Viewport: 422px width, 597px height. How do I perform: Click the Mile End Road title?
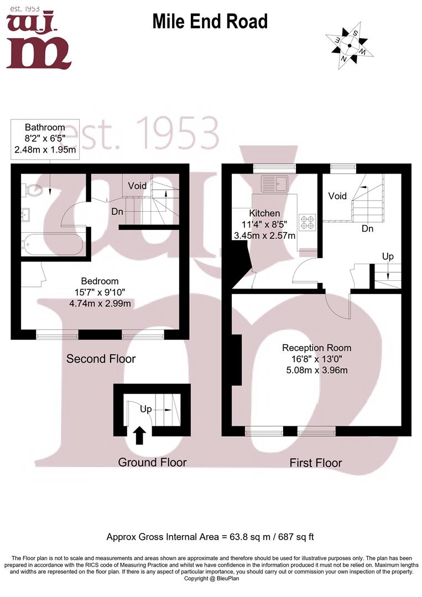[210, 22]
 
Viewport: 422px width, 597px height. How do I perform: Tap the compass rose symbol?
[349, 46]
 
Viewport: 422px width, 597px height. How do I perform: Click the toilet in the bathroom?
[33, 190]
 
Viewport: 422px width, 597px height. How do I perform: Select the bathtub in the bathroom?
[52, 244]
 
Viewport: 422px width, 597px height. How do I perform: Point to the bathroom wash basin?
[26, 214]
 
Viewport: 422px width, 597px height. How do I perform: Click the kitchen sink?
[274, 184]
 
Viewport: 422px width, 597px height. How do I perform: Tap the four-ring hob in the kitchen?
[308, 223]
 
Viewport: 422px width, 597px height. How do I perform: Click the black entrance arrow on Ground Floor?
[140, 435]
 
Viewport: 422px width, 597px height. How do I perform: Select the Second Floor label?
[101, 359]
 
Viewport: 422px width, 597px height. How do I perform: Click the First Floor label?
[316, 463]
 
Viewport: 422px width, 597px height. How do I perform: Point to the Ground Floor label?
[152, 462]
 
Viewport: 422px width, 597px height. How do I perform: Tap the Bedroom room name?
[100, 281]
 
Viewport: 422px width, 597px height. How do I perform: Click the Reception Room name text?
[316, 348]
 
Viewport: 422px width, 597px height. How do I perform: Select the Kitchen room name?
[264, 213]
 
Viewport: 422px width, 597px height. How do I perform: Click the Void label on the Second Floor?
[137, 186]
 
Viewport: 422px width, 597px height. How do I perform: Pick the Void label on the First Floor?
[337, 196]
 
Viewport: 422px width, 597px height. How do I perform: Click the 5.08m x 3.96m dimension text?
[317, 370]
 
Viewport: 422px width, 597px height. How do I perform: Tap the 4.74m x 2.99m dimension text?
[100, 303]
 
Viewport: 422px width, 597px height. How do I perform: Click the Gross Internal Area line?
[210, 537]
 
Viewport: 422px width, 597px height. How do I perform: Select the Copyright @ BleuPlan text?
[211, 578]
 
